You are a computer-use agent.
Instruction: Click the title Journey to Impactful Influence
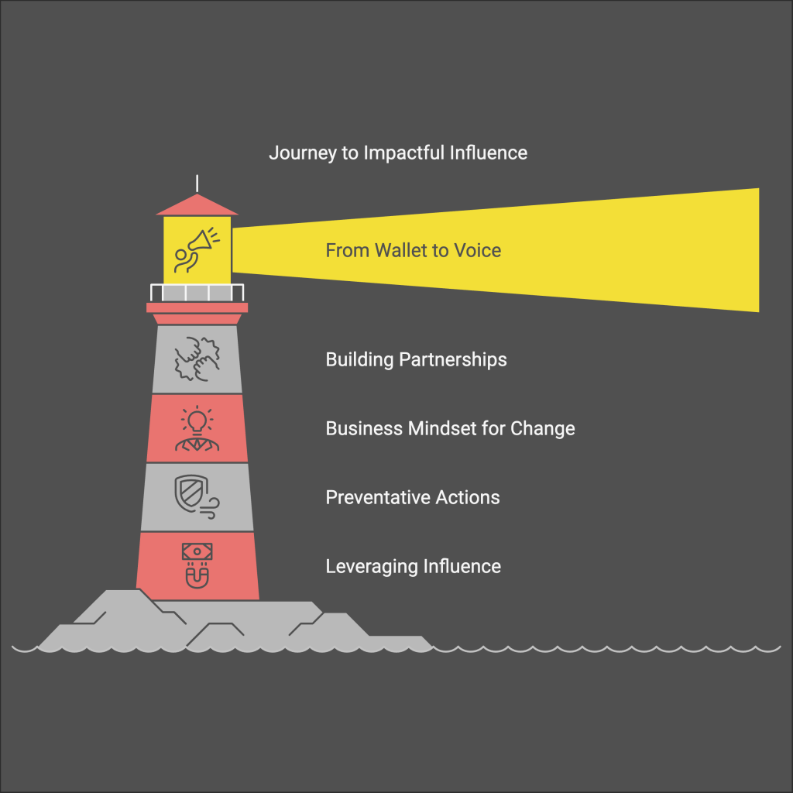398,153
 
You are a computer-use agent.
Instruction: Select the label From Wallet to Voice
413,250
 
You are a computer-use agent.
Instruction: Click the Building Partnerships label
416,359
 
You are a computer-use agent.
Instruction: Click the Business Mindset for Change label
450,428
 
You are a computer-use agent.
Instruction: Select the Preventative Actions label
412,497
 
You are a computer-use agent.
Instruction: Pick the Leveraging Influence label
413,566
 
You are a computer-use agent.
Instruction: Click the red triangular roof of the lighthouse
197,205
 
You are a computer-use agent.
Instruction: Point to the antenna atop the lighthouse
197,184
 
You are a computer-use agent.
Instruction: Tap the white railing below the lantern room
197,293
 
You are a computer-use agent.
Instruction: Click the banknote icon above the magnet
197,551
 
